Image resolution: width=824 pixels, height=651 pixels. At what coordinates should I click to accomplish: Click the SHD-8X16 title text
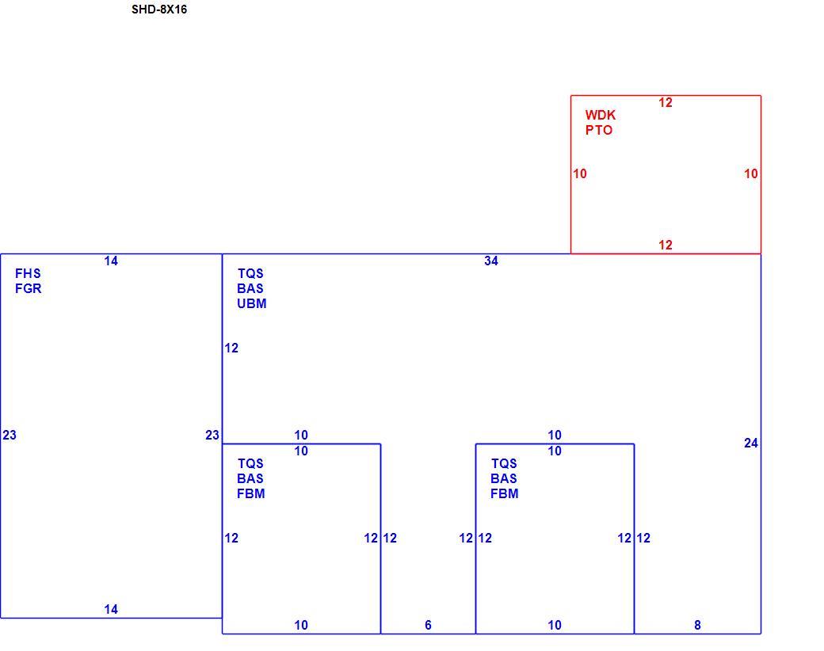159,10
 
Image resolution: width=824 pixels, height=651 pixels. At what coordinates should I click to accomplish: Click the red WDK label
600,115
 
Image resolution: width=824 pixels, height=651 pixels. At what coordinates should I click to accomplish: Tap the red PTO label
599,131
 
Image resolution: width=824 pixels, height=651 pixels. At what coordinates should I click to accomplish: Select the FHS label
28,273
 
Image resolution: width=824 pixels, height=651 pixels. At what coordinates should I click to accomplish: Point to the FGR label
29,288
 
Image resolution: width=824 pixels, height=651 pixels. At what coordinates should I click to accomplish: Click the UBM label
252,303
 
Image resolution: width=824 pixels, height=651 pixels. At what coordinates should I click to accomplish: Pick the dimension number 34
490,261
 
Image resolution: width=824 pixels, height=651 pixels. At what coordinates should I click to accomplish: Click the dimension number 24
751,443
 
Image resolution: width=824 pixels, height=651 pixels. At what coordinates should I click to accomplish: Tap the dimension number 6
429,625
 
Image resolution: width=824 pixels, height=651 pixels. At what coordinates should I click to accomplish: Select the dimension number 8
697,625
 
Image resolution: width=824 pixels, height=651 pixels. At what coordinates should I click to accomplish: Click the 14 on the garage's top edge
111,261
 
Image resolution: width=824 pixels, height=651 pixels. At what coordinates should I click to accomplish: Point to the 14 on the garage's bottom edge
111,609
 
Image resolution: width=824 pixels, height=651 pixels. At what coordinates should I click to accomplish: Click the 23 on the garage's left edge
10,435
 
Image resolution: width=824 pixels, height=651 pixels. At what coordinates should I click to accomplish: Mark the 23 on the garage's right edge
212,435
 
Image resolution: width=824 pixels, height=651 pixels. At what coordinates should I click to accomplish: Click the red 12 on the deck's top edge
666,102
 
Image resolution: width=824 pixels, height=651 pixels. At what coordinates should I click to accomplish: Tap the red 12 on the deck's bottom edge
666,245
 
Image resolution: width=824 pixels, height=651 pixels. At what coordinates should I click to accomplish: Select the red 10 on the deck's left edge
580,173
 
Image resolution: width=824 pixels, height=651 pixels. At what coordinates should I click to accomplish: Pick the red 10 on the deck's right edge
751,173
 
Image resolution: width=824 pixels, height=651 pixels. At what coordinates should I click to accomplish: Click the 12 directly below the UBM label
231,348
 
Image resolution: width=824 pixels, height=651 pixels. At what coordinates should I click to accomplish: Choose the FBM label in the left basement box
250,494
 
